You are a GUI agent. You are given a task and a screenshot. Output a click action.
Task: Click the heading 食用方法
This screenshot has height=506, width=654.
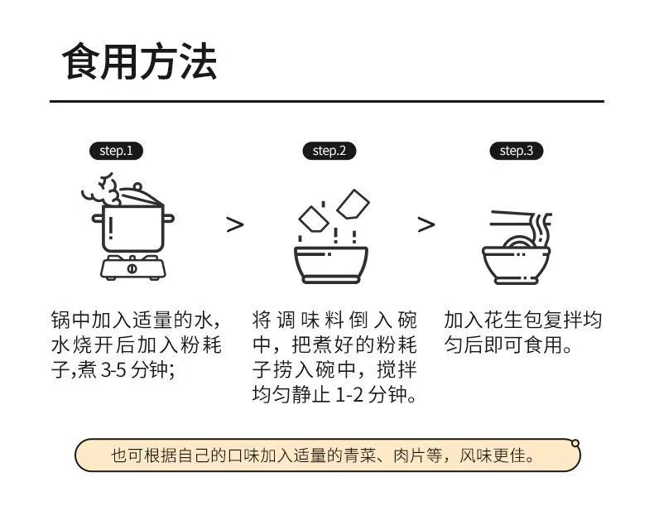tap(140, 61)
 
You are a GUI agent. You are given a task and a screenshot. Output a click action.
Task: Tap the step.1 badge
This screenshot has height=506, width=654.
tap(116, 151)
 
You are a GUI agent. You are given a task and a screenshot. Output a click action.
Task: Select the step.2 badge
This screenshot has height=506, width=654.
tap(329, 151)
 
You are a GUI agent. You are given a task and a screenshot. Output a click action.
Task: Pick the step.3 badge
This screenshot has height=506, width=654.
tap(517, 151)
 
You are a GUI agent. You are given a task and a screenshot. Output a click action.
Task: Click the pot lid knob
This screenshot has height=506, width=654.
tap(137, 186)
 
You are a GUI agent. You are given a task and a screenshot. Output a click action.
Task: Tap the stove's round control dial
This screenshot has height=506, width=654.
tap(132, 268)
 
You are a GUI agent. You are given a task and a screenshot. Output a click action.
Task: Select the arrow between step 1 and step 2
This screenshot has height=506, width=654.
tap(235, 224)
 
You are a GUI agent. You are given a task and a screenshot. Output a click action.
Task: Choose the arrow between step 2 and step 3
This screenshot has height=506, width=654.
tap(426, 224)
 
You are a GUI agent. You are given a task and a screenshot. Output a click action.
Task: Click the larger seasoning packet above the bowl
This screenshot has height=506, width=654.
tap(353, 205)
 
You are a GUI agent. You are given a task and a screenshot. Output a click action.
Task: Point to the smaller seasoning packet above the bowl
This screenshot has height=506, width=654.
tap(314, 219)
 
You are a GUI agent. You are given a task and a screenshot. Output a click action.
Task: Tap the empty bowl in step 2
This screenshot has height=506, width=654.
tap(331, 265)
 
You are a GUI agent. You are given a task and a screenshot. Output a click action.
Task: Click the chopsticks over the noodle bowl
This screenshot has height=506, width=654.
tap(512, 219)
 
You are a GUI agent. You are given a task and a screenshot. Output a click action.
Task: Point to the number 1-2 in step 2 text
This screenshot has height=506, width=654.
tap(349, 395)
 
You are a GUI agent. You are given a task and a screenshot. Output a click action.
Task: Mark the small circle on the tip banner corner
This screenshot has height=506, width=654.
tap(575, 443)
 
